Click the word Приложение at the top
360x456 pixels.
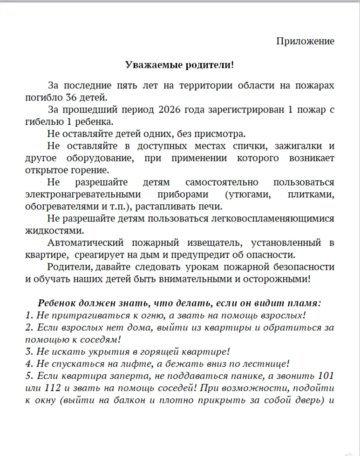[x=305, y=41]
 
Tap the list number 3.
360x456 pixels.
[x=28, y=352]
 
